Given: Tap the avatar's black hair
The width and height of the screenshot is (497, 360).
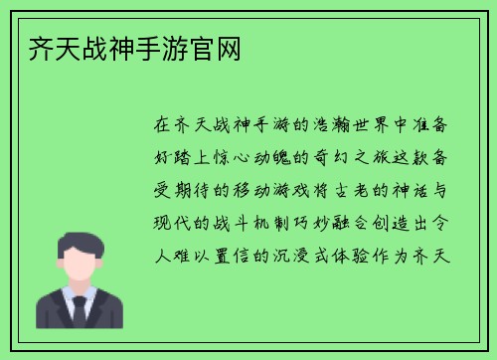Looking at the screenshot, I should pyautogui.click(x=80, y=238).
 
